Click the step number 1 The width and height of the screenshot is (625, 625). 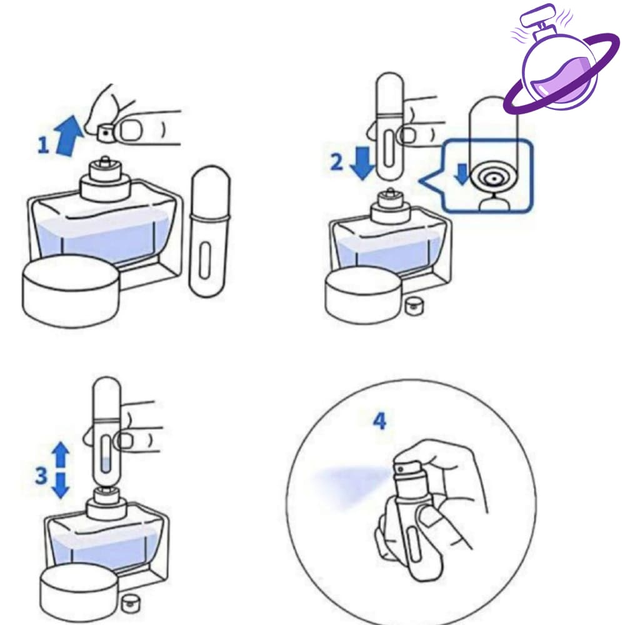[x=42, y=145]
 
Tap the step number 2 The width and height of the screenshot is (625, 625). [x=336, y=162]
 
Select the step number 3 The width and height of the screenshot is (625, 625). [x=41, y=476]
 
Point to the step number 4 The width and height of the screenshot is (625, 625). [x=379, y=421]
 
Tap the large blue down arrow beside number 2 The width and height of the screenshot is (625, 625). [x=362, y=162]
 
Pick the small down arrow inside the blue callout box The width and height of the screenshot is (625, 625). [x=462, y=174]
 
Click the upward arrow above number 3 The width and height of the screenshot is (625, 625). [x=61, y=454]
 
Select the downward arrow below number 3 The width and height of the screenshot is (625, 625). [x=61, y=486]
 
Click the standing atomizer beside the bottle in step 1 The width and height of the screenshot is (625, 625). [x=209, y=231]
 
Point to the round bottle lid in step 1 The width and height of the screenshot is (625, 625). [x=71, y=291]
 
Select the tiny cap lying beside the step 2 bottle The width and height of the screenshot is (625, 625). [x=412, y=306]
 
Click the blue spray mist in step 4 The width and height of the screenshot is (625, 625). [x=351, y=483]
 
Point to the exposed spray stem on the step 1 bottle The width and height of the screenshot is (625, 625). [x=104, y=161]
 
